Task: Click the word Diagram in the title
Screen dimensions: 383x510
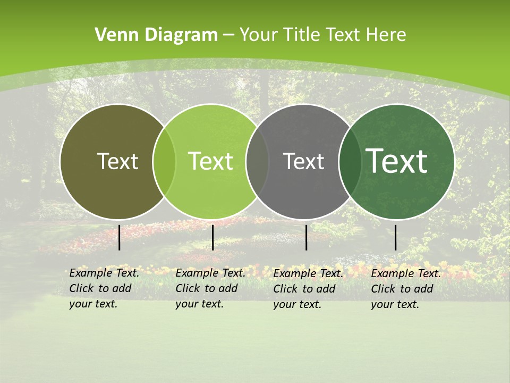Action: [181, 35]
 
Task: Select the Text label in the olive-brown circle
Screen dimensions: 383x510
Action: [117, 161]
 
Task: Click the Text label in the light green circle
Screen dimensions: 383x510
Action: [210, 161]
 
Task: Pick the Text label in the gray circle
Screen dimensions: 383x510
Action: [303, 161]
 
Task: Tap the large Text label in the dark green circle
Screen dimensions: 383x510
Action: [397, 161]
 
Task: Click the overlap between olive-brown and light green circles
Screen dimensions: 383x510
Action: [164, 162]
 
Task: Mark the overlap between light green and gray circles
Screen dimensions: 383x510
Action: [257, 162]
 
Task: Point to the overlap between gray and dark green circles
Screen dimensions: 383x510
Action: [350, 162]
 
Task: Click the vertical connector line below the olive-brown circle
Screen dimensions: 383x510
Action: [120, 237]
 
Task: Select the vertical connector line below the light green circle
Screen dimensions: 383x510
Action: [212, 237]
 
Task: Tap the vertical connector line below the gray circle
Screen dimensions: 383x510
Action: [307, 237]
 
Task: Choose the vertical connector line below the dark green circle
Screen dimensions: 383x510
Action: [396, 237]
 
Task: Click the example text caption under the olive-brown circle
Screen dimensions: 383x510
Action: [104, 288]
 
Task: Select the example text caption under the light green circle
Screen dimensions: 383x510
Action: [210, 288]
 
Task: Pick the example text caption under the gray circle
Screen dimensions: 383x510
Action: [308, 289]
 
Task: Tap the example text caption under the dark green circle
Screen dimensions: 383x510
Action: [406, 289]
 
